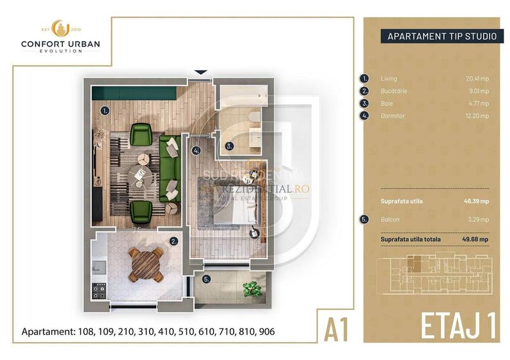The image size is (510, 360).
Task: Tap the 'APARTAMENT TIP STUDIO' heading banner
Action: point(441,36)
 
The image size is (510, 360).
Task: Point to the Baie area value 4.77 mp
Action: point(478,103)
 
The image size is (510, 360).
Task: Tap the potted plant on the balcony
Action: point(250,290)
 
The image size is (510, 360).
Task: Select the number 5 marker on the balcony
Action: point(206,279)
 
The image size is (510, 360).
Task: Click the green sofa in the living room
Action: point(170,168)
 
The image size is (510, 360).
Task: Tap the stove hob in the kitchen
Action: point(100,292)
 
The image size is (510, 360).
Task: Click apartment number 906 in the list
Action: point(266,332)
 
